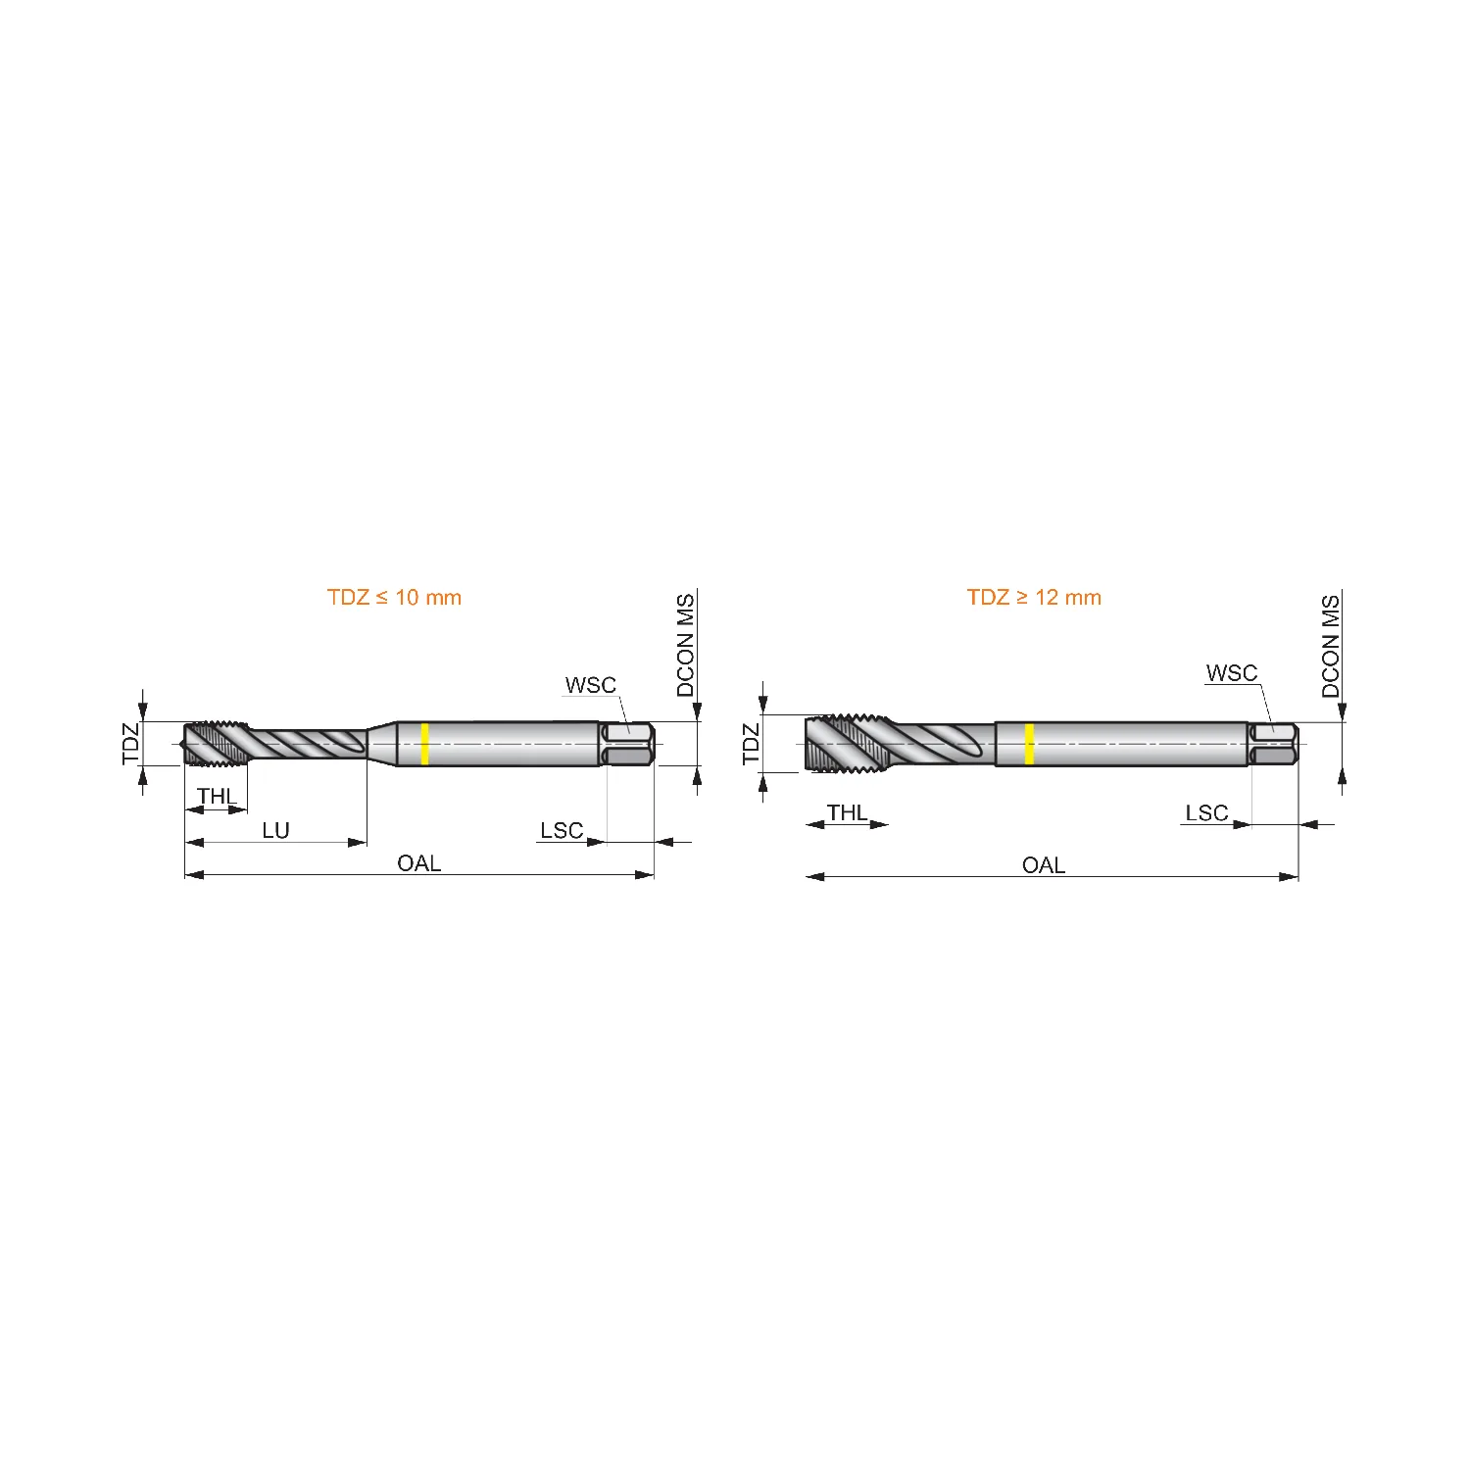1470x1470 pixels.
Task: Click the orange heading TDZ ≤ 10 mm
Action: (394, 598)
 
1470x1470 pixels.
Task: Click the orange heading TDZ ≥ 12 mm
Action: (1034, 598)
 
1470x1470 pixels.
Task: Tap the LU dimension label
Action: (275, 831)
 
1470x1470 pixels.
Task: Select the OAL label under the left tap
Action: (418, 863)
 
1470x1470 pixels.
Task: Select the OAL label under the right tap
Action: (1043, 865)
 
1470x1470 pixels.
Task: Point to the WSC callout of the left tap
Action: (591, 685)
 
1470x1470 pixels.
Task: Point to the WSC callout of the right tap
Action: (1232, 673)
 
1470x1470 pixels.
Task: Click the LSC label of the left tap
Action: (562, 831)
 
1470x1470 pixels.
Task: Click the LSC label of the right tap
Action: (1206, 813)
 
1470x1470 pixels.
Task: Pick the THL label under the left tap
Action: (217, 796)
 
